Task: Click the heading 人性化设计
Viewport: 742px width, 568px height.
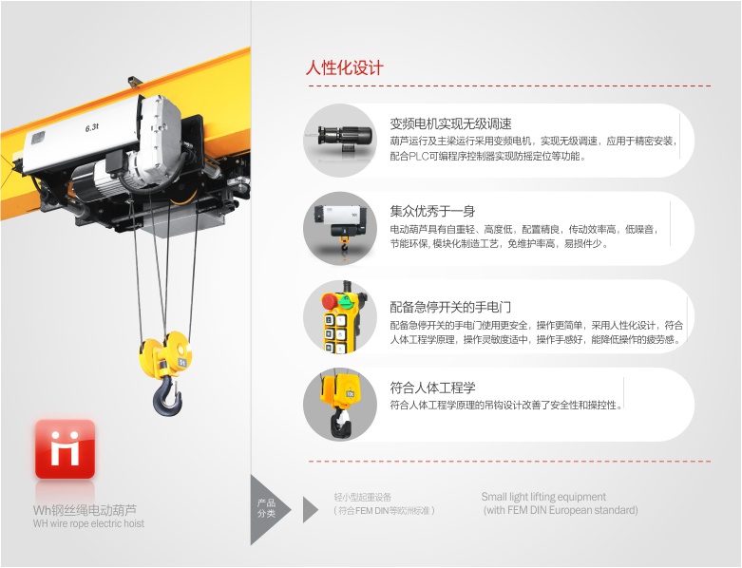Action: pyautogui.click(x=344, y=68)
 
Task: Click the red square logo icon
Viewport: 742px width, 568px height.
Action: pyautogui.click(x=65, y=449)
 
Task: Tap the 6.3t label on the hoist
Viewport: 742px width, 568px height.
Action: pyautogui.click(x=92, y=127)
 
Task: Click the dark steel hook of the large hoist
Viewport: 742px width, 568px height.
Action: pyautogui.click(x=166, y=396)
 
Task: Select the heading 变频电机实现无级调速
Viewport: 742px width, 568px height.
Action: pyautogui.click(x=450, y=123)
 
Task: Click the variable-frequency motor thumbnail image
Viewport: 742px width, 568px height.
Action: pyautogui.click(x=340, y=141)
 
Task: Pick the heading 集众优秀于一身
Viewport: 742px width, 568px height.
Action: pyautogui.click(x=432, y=211)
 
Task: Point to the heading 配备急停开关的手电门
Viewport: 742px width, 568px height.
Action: pyautogui.click(x=450, y=308)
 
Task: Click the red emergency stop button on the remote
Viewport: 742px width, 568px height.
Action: pyautogui.click(x=330, y=301)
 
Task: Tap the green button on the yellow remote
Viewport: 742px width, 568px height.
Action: pyautogui.click(x=348, y=299)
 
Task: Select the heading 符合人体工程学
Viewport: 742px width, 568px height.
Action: pyautogui.click(x=432, y=388)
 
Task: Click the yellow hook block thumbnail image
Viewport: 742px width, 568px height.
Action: pyautogui.click(x=340, y=405)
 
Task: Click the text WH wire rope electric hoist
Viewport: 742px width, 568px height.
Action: pyautogui.click(x=88, y=523)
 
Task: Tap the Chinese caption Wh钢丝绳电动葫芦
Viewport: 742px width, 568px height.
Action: pyautogui.click(x=85, y=510)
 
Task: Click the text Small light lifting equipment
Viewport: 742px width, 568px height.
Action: pyautogui.click(x=543, y=497)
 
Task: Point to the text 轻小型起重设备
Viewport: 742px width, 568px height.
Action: pyautogui.click(x=363, y=497)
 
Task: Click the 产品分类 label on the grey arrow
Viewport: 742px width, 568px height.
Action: pyautogui.click(x=266, y=508)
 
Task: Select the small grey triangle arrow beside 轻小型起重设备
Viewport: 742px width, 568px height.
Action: pyautogui.click(x=310, y=510)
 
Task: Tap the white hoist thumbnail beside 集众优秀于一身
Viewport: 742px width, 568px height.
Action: pyautogui.click(x=340, y=228)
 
